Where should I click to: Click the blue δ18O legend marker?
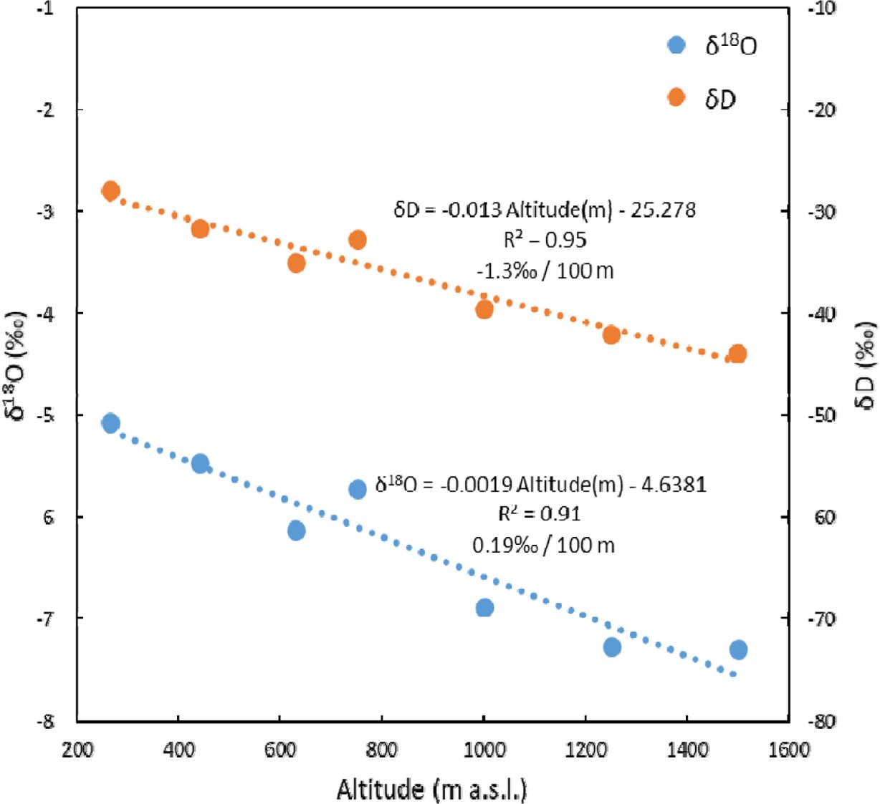[676, 45]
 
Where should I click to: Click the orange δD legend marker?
[676, 97]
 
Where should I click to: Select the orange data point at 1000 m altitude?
[484, 309]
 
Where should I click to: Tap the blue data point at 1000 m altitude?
[484, 608]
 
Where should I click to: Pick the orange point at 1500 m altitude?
[738, 354]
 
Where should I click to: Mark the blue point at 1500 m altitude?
[738, 649]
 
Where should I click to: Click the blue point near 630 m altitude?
[297, 531]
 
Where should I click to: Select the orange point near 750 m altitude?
[358, 240]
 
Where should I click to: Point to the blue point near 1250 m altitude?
[612, 647]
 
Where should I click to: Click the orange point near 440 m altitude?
[200, 229]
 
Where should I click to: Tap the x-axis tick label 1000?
[484, 750]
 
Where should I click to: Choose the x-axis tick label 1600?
[788, 750]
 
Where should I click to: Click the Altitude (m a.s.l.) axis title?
[432, 789]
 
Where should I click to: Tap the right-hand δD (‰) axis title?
[865, 365]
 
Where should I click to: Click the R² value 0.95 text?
[545, 240]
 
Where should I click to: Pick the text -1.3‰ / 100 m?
[545, 271]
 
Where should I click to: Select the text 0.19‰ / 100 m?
[543, 546]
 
